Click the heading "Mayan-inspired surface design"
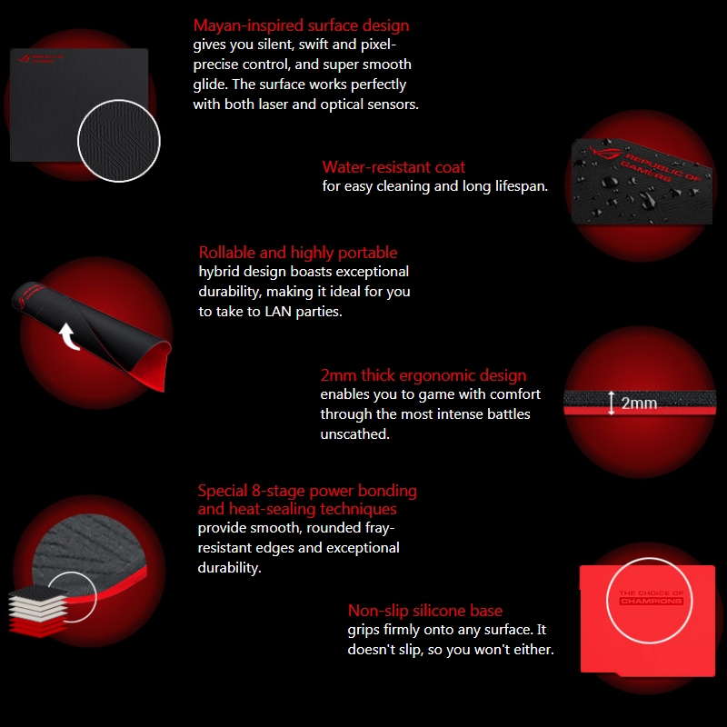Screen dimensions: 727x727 (x=302, y=25)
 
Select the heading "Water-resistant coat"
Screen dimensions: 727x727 (x=393, y=167)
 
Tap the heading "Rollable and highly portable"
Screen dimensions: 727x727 (x=298, y=253)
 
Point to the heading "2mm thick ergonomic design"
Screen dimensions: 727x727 (x=423, y=375)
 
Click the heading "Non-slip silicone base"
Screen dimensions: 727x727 (x=425, y=611)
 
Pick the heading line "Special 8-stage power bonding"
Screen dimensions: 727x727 (x=307, y=491)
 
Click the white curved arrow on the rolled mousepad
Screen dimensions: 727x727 (x=69, y=335)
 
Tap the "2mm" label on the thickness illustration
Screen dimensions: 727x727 (x=639, y=403)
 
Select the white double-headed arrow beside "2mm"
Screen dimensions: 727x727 (x=611, y=403)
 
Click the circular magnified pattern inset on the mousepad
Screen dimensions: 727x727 (x=119, y=141)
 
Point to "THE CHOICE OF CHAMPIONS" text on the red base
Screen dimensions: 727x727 (x=651, y=597)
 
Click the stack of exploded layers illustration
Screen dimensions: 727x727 (x=38, y=610)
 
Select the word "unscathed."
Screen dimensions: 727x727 (x=354, y=434)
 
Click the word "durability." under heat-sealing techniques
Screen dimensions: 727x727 (x=230, y=567)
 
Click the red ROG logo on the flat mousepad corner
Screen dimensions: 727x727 (x=25, y=58)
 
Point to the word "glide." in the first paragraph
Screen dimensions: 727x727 (x=211, y=85)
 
